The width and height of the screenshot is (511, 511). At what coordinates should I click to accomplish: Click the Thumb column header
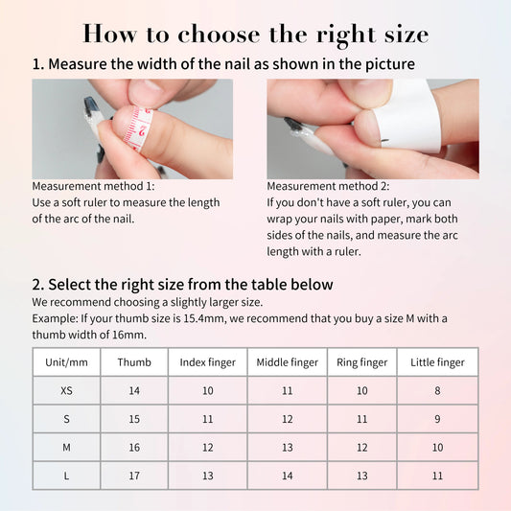tap(134, 362)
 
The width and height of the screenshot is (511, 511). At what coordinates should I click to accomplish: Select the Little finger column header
tap(437, 362)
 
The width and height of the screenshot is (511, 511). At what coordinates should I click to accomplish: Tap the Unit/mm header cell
tap(66, 362)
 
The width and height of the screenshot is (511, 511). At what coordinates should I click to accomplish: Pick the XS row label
tap(66, 391)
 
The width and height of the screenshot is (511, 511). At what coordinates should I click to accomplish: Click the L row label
tap(66, 476)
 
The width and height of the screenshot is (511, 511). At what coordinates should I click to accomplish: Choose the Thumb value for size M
tap(134, 448)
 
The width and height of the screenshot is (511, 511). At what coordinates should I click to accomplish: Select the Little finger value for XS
tap(437, 391)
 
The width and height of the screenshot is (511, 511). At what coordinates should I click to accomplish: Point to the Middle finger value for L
tap(288, 476)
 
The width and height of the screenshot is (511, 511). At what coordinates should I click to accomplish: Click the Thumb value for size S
tap(134, 419)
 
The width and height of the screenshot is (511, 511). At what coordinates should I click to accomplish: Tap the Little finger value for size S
tap(437, 419)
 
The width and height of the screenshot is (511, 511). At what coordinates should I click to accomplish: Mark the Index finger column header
tap(208, 362)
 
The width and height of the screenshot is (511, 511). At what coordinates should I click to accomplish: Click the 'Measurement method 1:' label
tap(93, 186)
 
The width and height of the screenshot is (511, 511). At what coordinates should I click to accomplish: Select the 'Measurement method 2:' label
tap(328, 186)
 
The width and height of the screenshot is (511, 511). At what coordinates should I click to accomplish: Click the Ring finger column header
tap(362, 362)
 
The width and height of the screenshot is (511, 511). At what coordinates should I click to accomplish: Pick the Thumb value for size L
tap(134, 476)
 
